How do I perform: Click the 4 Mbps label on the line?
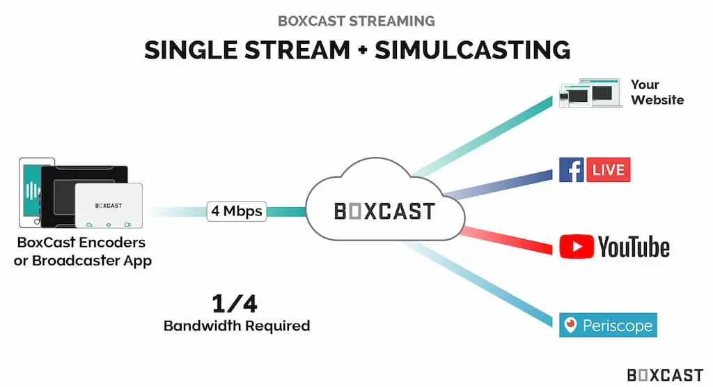coord(237,211)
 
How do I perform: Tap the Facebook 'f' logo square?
coord(572,170)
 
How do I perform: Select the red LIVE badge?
coord(609,170)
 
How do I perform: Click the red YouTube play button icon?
coord(577,247)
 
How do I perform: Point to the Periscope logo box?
coord(608,325)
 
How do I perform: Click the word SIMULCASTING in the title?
coord(473,50)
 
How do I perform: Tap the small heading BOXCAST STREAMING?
coord(356,21)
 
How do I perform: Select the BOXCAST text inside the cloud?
coord(384,211)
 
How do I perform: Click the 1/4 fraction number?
coord(235,304)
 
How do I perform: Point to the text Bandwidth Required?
coord(237,326)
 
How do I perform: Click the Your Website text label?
coord(657,93)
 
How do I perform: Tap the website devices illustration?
coord(590,93)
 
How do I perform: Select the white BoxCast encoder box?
coord(109,205)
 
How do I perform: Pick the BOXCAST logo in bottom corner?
coord(665,375)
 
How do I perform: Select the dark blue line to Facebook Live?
coord(499,184)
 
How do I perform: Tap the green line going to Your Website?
coord(483,137)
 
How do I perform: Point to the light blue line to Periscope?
coord(478,284)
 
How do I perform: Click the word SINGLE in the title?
coord(191,50)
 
